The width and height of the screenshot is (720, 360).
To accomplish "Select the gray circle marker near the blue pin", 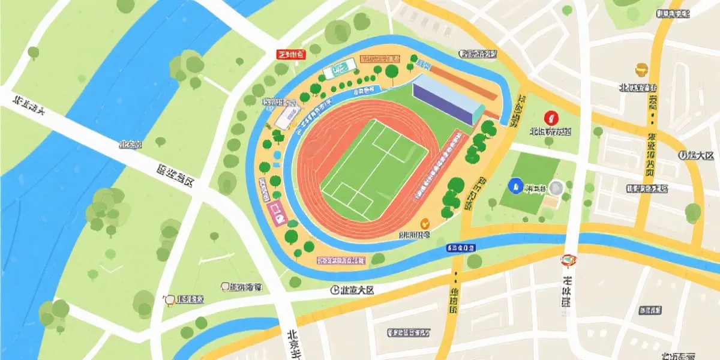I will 556,188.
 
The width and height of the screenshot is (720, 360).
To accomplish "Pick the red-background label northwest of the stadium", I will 291,55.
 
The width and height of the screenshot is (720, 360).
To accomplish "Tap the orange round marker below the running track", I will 425,223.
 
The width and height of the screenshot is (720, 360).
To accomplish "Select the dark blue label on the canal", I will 461,247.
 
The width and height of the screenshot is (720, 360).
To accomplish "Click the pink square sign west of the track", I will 277,212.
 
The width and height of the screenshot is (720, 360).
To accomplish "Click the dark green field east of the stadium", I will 529,182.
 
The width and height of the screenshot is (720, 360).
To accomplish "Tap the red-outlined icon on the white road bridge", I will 568,260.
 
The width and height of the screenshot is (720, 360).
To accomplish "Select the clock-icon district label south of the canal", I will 352,290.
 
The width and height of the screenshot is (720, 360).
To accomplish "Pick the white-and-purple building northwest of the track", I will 286,116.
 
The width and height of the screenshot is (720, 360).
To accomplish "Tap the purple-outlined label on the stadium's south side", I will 341,261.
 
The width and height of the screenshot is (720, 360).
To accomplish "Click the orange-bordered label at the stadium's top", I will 380,59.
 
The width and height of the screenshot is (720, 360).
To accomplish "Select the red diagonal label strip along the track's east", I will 440,166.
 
